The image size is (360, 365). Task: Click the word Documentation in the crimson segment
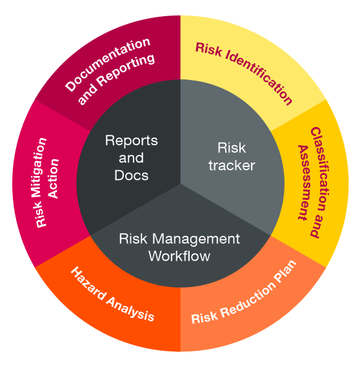click(x=108, y=64)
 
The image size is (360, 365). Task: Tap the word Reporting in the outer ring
click(x=126, y=70)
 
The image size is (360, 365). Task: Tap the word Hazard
click(x=88, y=283)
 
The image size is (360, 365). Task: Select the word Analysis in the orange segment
click(x=130, y=309)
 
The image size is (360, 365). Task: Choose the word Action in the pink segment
click(x=54, y=179)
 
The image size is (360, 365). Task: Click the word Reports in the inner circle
click(x=132, y=141)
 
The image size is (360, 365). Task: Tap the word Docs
click(x=132, y=175)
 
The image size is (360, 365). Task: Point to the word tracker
click(x=232, y=165)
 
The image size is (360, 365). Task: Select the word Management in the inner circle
click(x=196, y=239)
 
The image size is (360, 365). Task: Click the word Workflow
click(x=179, y=256)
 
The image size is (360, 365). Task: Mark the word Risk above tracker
click(x=232, y=148)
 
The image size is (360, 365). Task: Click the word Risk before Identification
click(x=208, y=50)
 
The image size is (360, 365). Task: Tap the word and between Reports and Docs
click(x=132, y=157)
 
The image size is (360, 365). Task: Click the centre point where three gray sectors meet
click(x=181, y=184)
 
